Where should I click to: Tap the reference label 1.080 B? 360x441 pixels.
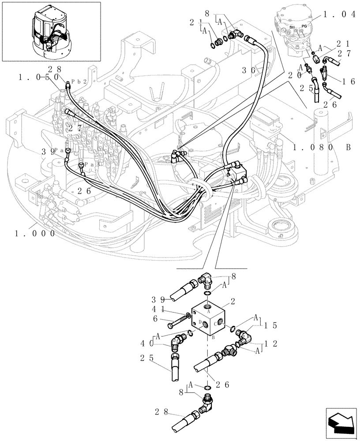coord(318,147)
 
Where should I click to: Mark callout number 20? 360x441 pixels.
coord(293,75)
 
